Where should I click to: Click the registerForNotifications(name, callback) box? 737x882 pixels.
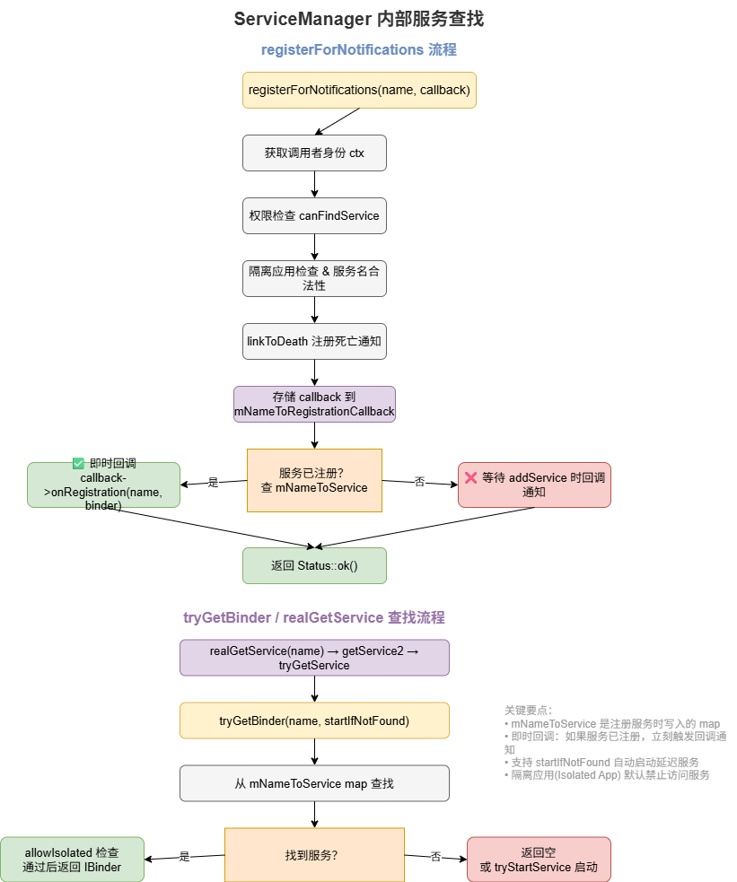tap(359, 90)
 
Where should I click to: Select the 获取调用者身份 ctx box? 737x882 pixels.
tap(314, 153)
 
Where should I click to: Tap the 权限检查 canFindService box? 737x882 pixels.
tap(314, 215)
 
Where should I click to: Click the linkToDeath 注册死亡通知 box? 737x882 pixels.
tap(314, 342)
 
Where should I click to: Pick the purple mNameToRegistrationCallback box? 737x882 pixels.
tap(314, 404)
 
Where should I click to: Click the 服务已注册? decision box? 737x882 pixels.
tap(314, 480)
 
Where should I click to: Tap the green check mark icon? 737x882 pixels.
tap(78, 464)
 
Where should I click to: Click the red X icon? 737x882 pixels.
tap(471, 477)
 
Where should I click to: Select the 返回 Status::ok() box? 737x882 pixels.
tap(314, 566)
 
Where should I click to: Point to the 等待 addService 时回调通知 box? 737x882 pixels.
tap(534, 485)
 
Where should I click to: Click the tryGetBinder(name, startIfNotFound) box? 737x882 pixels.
tap(314, 720)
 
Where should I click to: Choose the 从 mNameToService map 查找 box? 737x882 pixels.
tap(314, 783)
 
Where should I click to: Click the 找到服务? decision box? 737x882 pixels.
tap(314, 855)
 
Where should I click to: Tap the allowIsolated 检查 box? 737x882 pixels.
tap(72, 860)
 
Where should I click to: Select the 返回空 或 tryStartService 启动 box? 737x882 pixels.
tap(539, 860)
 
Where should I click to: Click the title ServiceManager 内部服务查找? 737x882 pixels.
tap(359, 19)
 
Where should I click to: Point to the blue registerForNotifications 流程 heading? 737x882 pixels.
tap(359, 49)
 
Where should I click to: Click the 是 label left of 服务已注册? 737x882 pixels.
tap(214, 482)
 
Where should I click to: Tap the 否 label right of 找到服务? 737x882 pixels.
tap(436, 857)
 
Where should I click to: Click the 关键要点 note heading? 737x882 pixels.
tap(528, 711)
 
